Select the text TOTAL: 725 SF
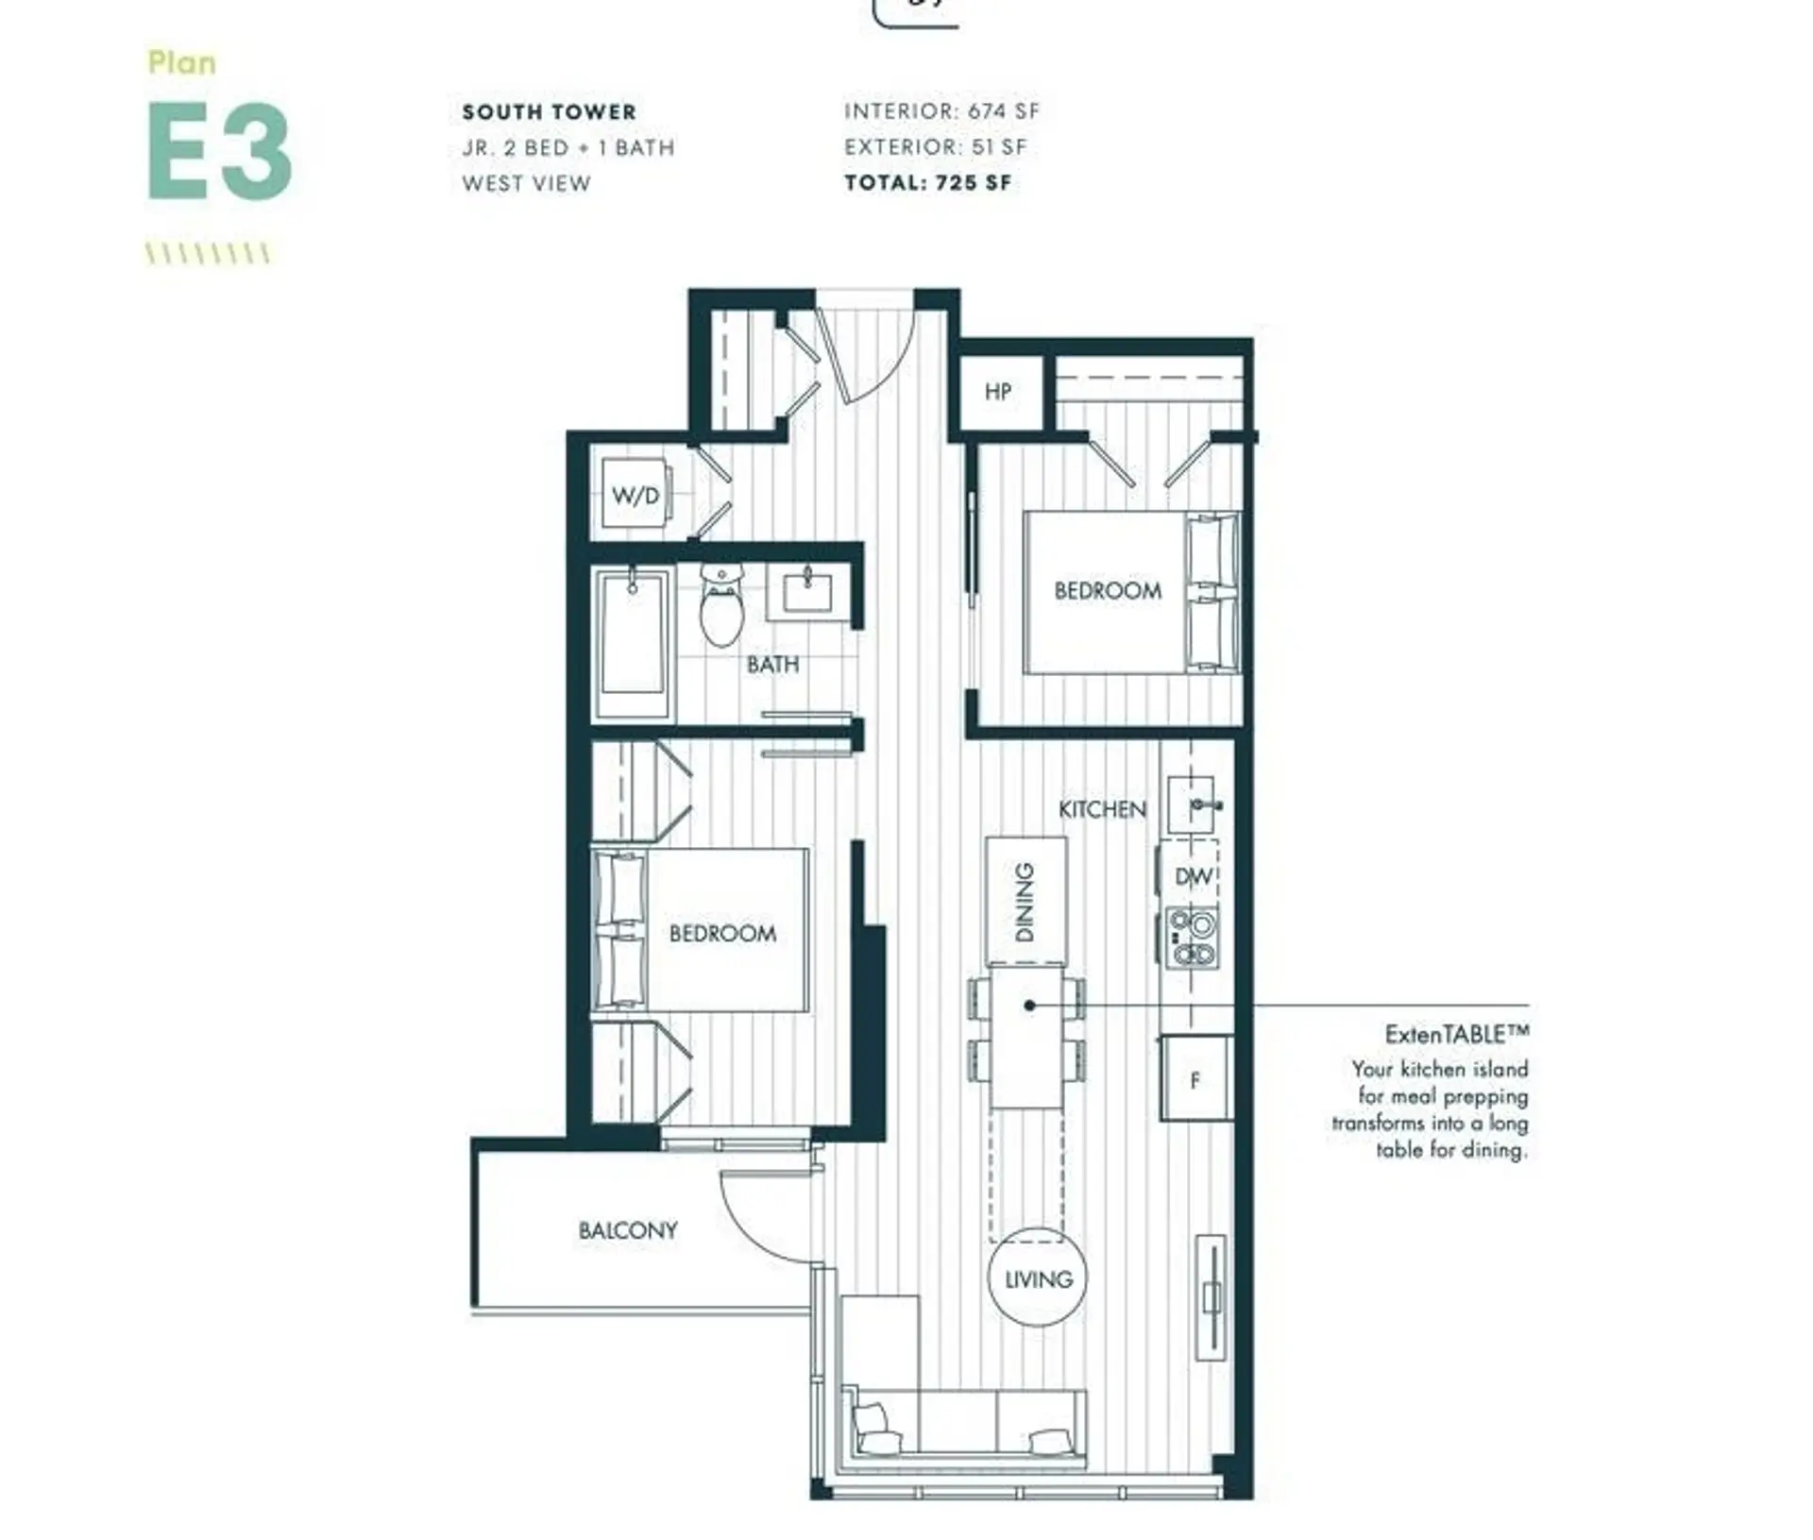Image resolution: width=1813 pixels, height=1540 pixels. [927, 183]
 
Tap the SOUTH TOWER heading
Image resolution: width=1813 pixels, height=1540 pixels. [549, 112]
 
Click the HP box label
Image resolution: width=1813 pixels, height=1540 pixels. [998, 392]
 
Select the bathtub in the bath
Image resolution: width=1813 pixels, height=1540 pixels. [632, 642]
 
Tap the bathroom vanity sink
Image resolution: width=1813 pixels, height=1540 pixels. [809, 593]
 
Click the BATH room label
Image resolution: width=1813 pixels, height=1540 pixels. [772, 665]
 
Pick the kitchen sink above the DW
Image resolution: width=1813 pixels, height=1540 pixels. [1193, 804]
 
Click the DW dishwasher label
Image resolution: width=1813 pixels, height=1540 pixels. [1193, 877]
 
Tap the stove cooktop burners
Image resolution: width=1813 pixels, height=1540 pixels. [1192, 938]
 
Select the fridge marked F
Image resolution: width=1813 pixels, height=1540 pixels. [1195, 1079]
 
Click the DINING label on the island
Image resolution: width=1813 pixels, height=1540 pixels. [1025, 902]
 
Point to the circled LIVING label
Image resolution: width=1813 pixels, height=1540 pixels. [1038, 1279]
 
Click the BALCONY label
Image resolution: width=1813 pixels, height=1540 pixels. [628, 1230]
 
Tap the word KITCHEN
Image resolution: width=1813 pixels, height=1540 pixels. [1102, 809]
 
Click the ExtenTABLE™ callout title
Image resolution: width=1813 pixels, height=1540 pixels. [1456, 1035]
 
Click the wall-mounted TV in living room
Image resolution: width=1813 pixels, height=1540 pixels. [1211, 1297]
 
